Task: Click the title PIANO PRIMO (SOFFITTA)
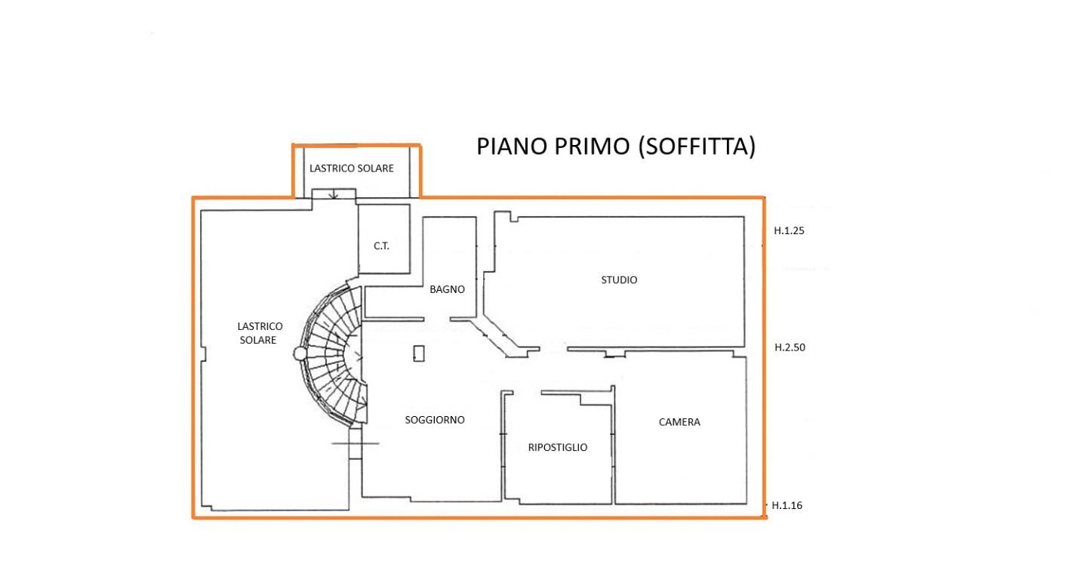click(x=616, y=147)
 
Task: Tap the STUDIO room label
click(x=619, y=280)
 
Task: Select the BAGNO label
click(x=447, y=290)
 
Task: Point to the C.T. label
click(x=381, y=246)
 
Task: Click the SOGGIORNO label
click(x=435, y=421)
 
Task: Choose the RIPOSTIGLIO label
click(x=558, y=448)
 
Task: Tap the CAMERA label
click(x=679, y=422)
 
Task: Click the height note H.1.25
click(x=789, y=231)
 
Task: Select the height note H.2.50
click(x=790, y=347)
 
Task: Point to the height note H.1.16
click(x=787, y=506)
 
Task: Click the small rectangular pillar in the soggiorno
click(x=419, y=353)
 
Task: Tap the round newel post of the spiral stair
click(x=300, y=354)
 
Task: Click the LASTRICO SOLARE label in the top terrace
click(x=352, y=168)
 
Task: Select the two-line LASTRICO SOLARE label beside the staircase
click(x=260, y=334)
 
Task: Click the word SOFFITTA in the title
click(x=697, y=147)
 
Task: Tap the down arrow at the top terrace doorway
click(x=334, y=193)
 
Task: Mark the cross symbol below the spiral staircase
click(x=356, y=443)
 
